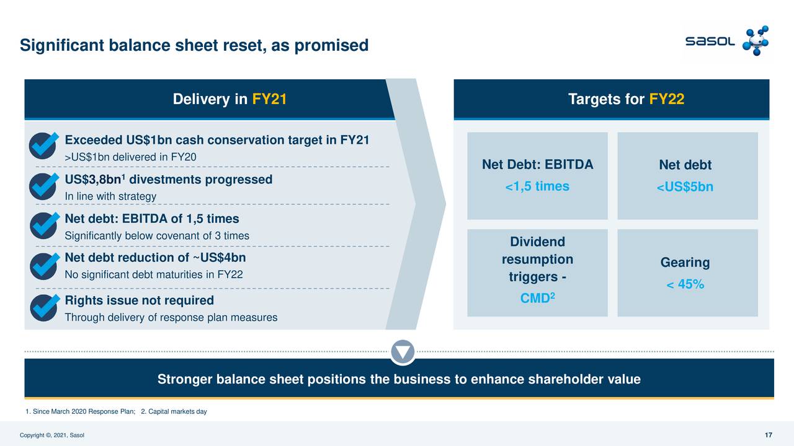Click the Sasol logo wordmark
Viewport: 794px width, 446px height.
[x=710, y=42]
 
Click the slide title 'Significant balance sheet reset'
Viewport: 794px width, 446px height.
[x=194, y=45]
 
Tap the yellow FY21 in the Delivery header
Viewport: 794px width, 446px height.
[x=269, y=99]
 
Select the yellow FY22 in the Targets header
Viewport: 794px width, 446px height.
[x=667, y=99]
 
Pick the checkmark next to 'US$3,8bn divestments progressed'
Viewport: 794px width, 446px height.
[x=43, y=185]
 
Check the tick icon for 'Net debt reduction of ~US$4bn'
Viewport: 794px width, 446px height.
[x=43, y=265]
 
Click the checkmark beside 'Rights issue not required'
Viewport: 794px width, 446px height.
[x=43, y=307]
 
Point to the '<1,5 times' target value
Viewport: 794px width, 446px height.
[x=537, y=186]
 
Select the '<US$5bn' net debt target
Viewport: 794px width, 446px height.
[x=685, y=187]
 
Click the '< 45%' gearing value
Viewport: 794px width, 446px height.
[x=685, y=284]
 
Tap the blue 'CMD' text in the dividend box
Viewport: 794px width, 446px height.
[x=535, y=299]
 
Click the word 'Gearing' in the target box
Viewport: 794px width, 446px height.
[x=685, y=263]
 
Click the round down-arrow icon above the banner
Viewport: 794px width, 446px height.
[x=403, y=352]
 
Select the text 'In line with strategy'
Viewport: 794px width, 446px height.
[x=110, y=196]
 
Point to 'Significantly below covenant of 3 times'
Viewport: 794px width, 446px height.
[x=157, y=236]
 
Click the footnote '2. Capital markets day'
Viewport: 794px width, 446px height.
[x=174, y=412]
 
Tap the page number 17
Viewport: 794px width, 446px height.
[x=769, y=435]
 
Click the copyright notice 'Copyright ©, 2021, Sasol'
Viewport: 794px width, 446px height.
[x=52, y=435]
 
